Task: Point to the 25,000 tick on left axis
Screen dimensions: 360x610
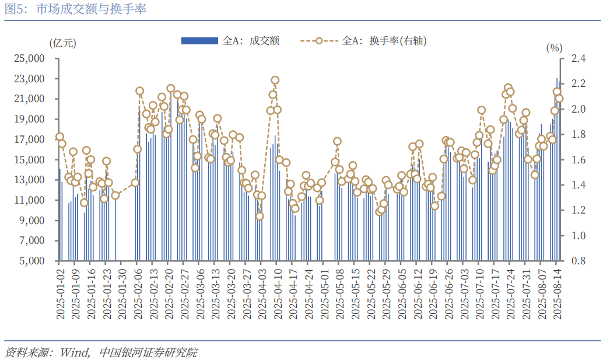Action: point(30,58)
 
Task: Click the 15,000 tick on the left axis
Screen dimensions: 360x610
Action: point(30,160)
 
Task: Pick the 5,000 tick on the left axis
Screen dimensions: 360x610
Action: point(32,261)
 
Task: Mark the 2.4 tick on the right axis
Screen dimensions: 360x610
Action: point(579,58)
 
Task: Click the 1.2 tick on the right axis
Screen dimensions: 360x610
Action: point(579,211)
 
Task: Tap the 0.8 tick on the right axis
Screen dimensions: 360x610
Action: point(579,261)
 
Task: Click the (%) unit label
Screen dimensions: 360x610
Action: point(553,48)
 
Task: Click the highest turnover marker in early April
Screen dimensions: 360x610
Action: point(275,80)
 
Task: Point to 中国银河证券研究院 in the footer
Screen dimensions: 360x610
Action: point(148,352)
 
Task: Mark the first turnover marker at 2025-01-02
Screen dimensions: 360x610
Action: point(59,137)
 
